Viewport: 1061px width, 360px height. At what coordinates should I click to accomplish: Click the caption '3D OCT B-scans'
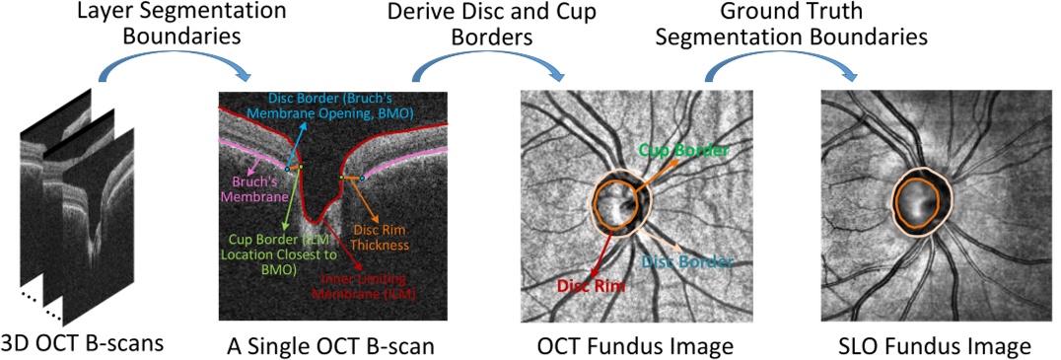pos(83,343)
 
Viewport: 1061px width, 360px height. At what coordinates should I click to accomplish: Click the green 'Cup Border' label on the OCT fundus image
pos(683,151)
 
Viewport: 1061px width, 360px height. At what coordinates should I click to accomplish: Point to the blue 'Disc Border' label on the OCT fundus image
pos(687,262)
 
